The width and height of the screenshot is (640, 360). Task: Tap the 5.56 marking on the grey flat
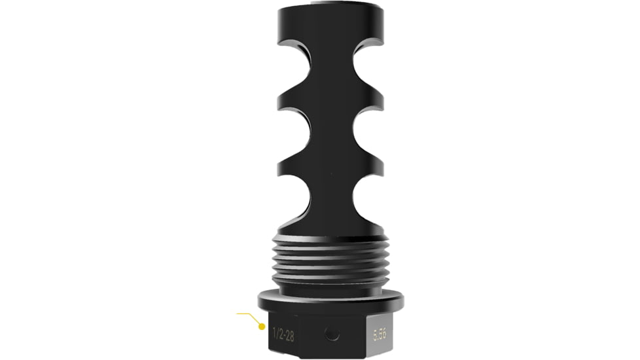[x=380, y=334]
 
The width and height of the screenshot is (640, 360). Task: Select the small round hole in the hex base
[x=333, y=334]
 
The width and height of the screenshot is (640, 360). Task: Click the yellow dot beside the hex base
[x=261, y=325]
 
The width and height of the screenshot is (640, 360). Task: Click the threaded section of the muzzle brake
[x=330, y=268]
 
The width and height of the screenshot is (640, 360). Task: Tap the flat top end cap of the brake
[x=330, y=13]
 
